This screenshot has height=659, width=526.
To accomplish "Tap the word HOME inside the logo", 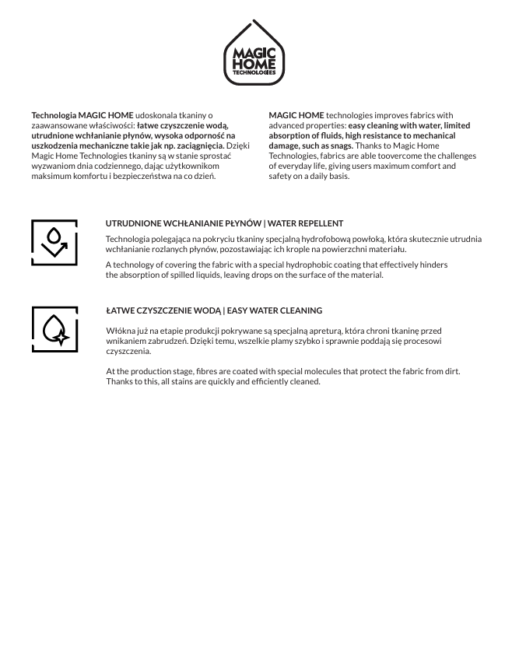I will tap(254, 64).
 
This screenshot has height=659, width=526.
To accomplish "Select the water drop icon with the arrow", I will tap(54, 242).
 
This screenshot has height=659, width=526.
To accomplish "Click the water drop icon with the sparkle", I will tap(54, 329).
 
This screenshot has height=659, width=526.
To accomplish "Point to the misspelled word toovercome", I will tap(383, 156).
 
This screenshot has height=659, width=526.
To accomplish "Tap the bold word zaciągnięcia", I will tap(200, 145).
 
